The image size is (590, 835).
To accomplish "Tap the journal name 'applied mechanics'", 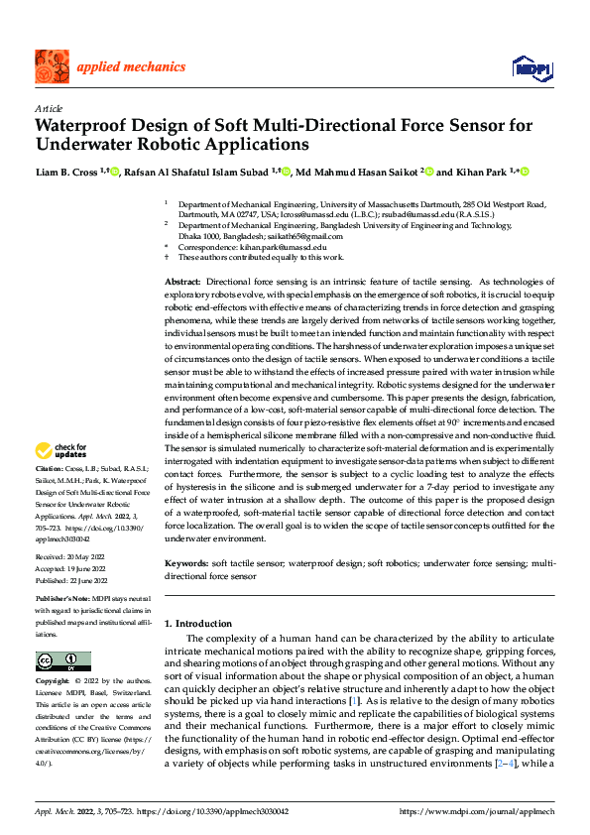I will point(131,67).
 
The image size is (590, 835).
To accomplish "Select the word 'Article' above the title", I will point(49,109).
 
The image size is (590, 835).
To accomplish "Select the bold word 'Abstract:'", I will point(183,284).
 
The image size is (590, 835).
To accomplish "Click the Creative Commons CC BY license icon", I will point(62,660).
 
